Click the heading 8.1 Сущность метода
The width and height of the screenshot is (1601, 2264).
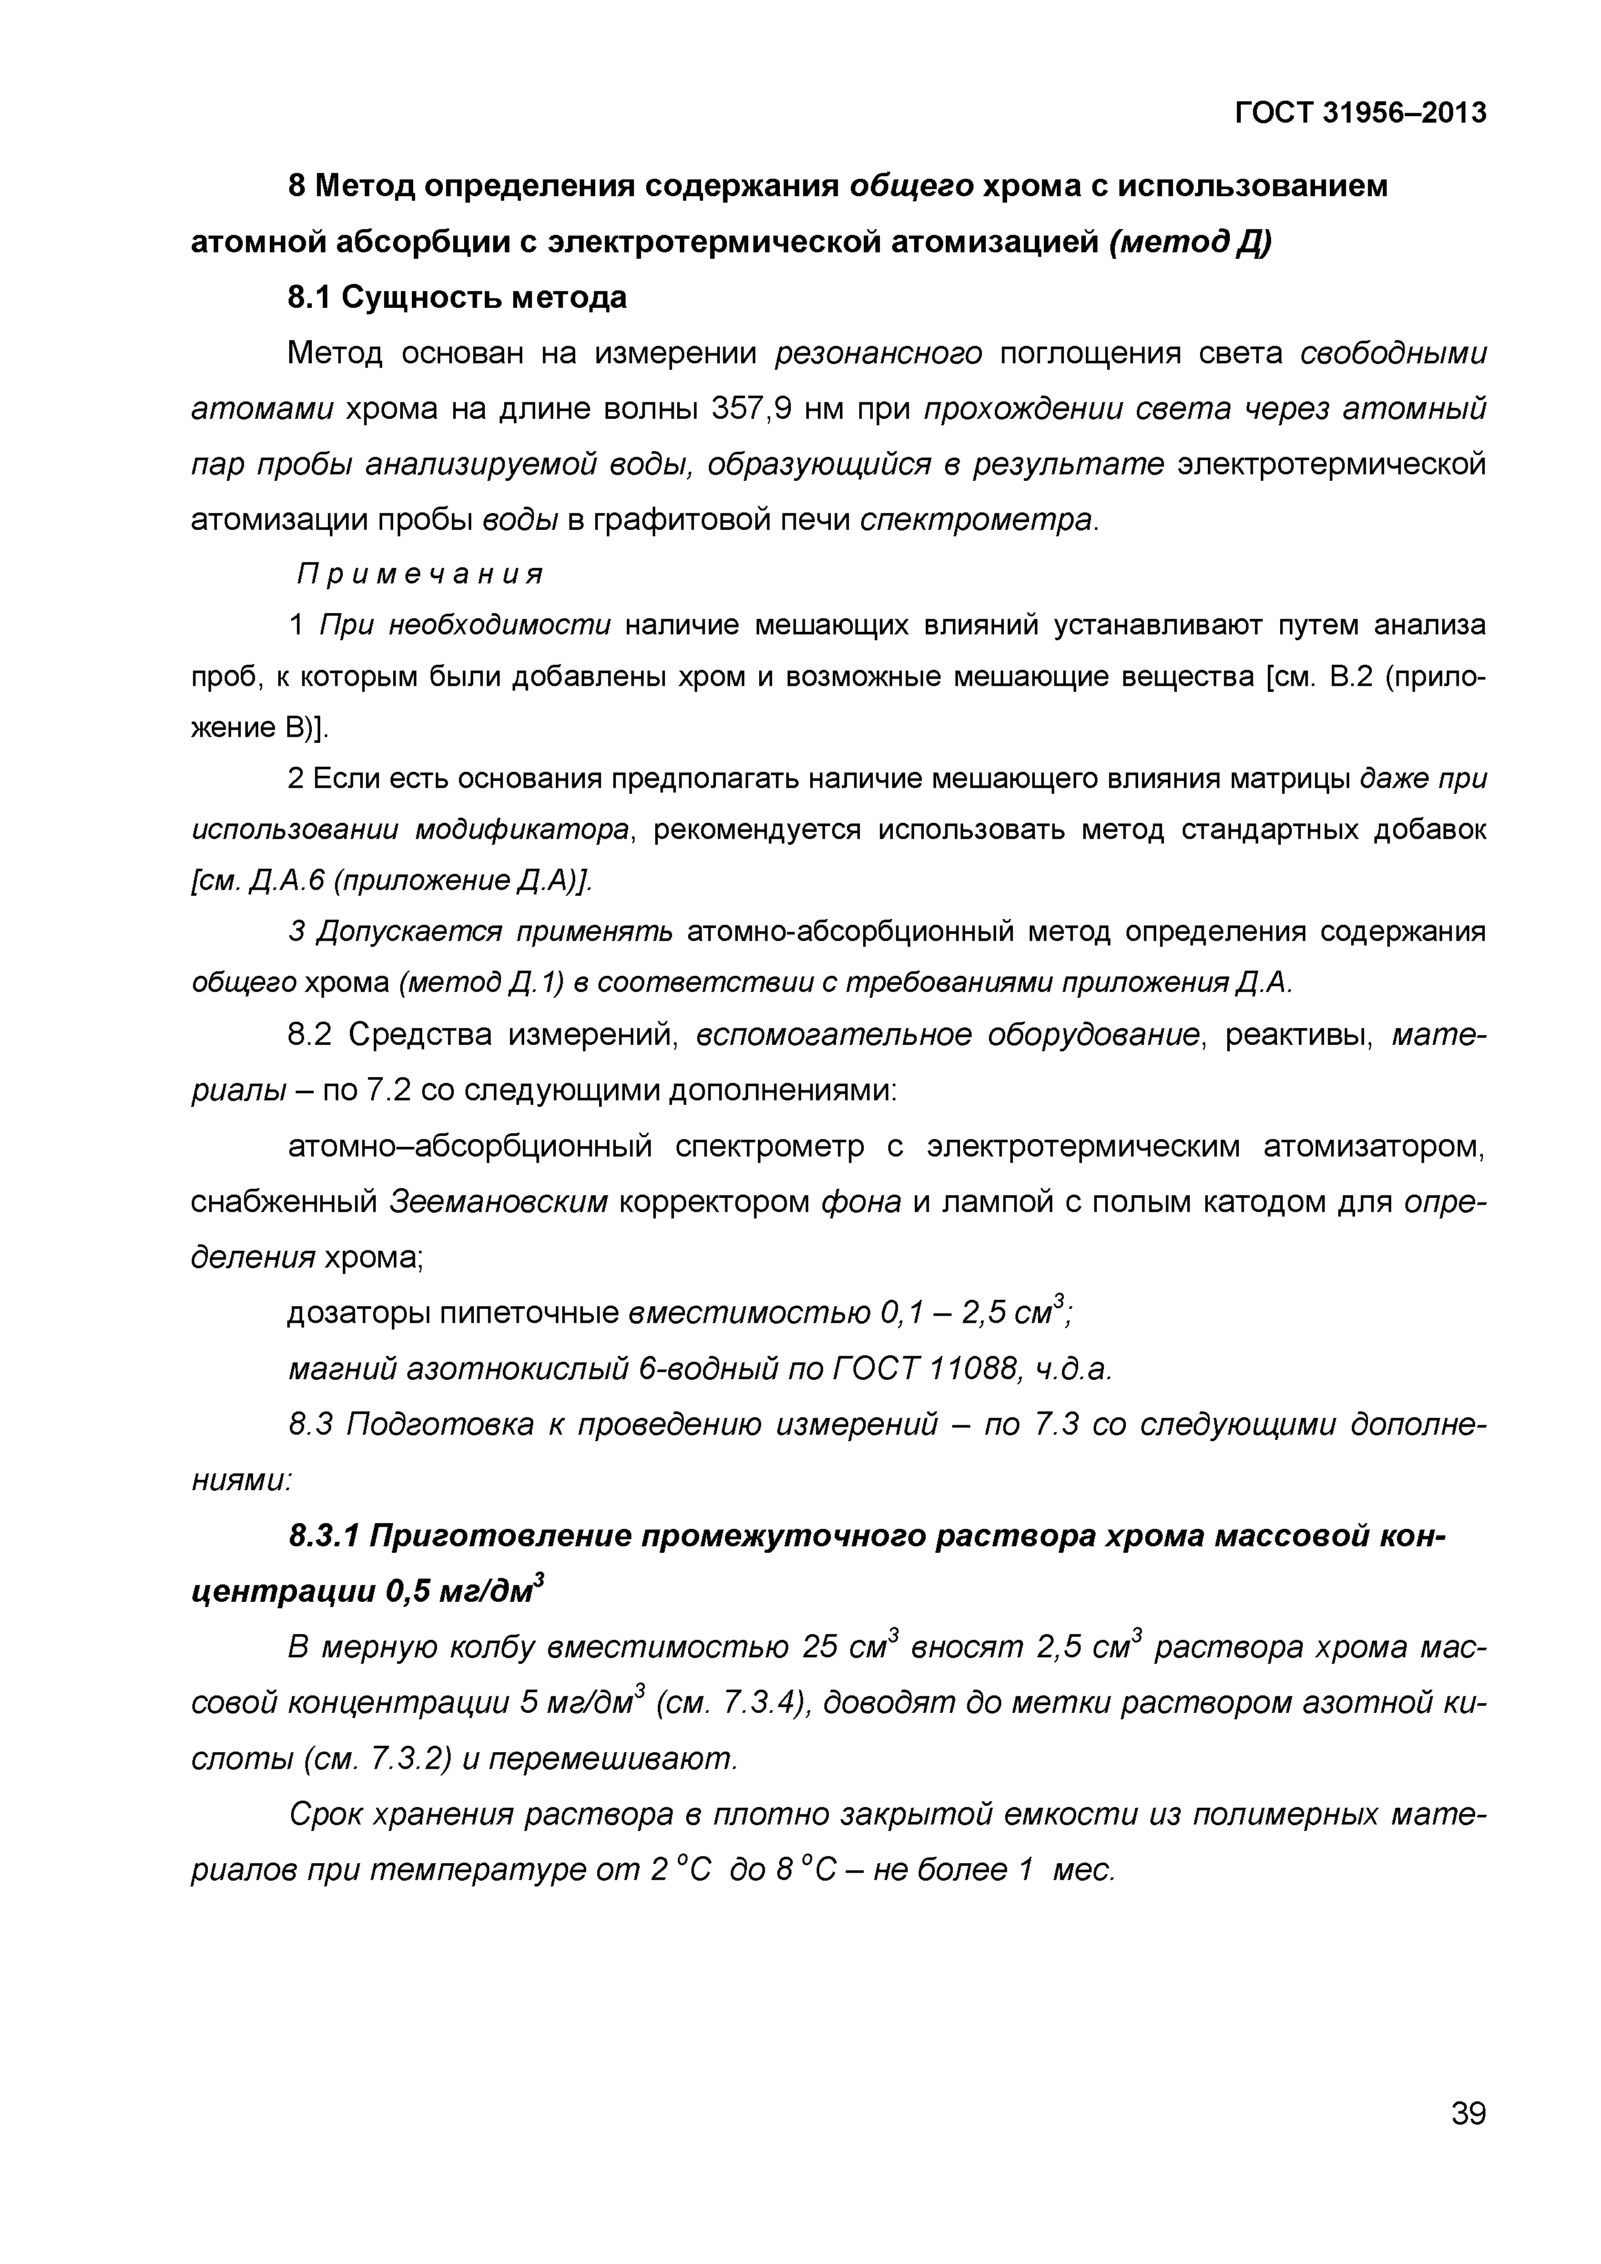click(x=456, y=297)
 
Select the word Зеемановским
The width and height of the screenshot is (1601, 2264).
click(x=499, y=1202)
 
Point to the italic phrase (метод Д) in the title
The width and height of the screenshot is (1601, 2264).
click(x=1190, y=241)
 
